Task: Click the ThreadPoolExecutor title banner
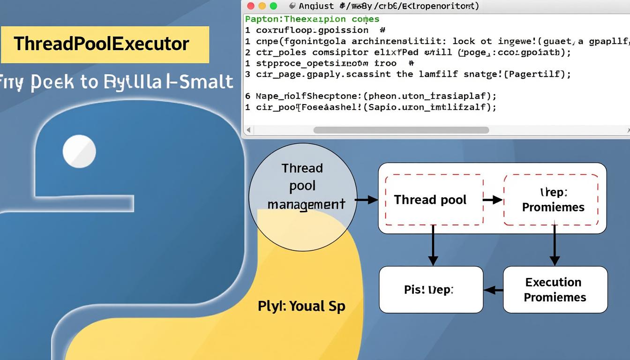pos(104,44)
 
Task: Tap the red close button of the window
pos(250,6)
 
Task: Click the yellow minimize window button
pos(262,6)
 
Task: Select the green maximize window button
pos(273,6)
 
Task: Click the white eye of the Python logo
pos(79,151)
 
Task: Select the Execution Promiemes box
pos(555,289)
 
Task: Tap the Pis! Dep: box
pos(430,289)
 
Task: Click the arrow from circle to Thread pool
pos(367,200)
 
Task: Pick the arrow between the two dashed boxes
pos(493,200)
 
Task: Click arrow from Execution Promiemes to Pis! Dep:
pos(493,290)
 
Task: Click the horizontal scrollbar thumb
pos(401,130)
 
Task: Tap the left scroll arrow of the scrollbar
pos(248,130)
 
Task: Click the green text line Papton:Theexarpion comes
pos(312,19)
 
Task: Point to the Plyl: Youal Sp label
pos(301,306)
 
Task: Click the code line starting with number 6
pos(371,96)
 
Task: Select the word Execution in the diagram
pos(553,282)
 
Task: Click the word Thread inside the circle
pos(302,168)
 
